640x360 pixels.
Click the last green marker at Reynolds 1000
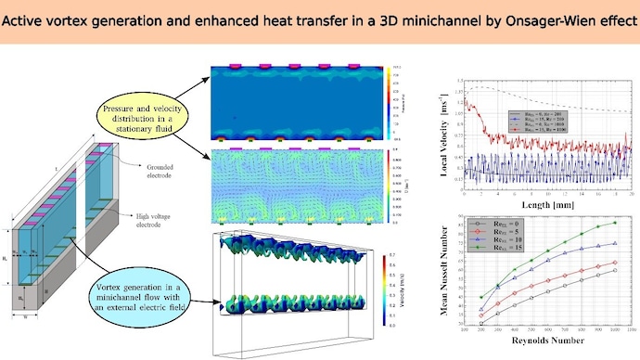coord(615,223)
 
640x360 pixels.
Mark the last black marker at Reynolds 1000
coord(615,271)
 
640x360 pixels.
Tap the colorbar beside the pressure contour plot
coord(387,98)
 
